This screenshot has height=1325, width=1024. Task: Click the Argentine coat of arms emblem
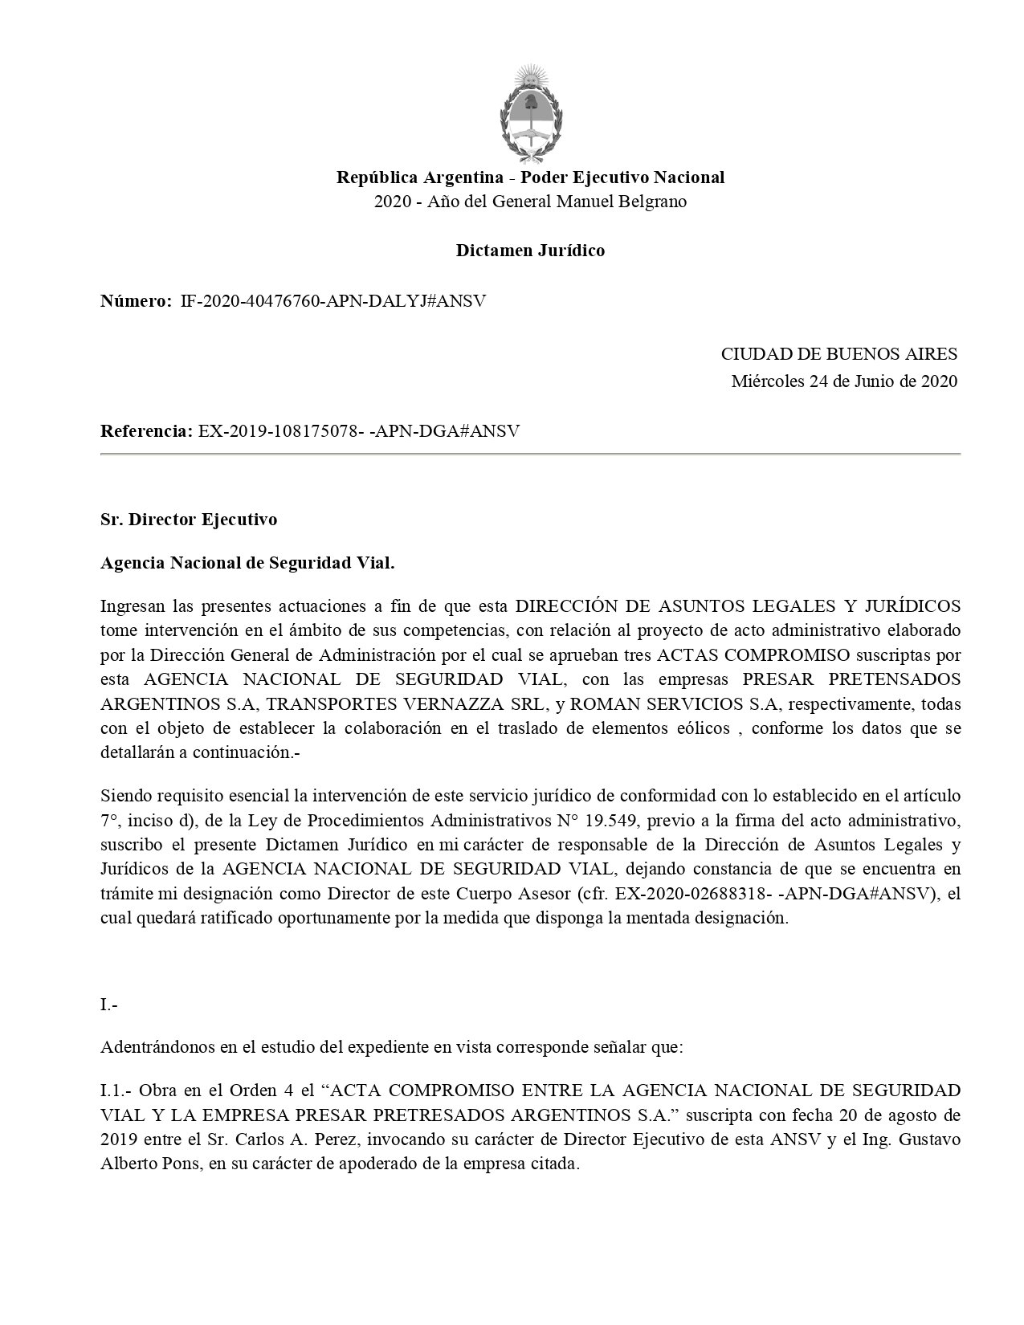(x=530, y=112)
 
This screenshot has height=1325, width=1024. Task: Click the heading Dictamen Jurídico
(x=530, y=251)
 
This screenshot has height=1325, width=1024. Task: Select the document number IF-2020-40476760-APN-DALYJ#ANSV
(x=333, y=301)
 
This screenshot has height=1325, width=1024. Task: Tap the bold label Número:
(x=136, y=301)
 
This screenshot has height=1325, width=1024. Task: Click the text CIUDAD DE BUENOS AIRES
(x=838, y=354)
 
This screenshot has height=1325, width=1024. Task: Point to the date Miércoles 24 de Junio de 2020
(x=844, y=381)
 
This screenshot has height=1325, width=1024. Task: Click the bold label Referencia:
(x=145, y=431)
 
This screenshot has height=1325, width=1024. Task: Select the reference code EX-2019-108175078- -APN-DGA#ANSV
(x=358, y=431)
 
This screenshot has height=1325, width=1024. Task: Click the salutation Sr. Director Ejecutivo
(x=189, y=520)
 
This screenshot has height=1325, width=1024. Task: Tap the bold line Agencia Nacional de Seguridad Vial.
(x=247, y=563)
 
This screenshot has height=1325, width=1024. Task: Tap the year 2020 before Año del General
(x=391, y=202)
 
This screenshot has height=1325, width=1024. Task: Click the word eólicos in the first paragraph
(x=704, y=729)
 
